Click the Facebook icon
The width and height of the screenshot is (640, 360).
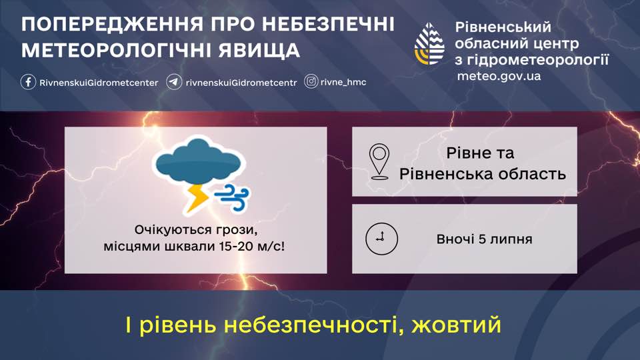pyautogui.click(x=28, y=82)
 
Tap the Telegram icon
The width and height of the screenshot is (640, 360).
pyautogui.click(x=174, y=82)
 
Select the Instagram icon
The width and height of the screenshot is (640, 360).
pyautogui.click(x=311, y=81)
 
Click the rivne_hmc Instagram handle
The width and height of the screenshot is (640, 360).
pyautogui.click(x=343, y=82)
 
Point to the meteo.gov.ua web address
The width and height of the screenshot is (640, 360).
pyautogui.click(x=499, y=76)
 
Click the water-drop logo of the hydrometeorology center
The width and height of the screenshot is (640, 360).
pyautogui.click(x=429, y=44)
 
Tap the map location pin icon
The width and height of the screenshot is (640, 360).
pyautogui.click(x=379, y=161)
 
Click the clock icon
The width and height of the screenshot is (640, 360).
pyautogui.click(x=381, y=239)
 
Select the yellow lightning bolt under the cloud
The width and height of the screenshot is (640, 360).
pyautogui.click(x=197, y=199)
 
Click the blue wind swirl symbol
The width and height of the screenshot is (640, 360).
pyautogui.click(x=232, y=197)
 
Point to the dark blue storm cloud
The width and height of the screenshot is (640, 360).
pyautogui.click(x=199, y=161)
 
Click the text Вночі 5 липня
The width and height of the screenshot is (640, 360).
pyautogui.click(x=485, y=239)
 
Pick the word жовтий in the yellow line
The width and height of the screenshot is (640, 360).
pyautogui.click(x=456, y=325)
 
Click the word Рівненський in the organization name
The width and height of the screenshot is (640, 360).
pyautogui.click(x=503, y=27)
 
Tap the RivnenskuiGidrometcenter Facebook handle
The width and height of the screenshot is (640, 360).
pyautogui.click(x=99, y=83)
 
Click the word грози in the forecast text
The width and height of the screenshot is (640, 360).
pyautogui.click(x=237, y=230)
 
